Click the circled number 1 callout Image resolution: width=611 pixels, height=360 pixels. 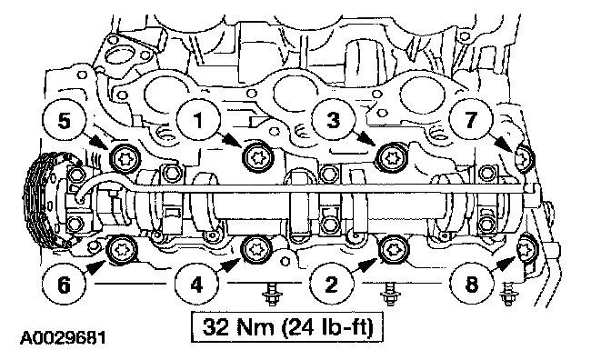(198, 119)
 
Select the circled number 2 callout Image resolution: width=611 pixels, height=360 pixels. (331, 285)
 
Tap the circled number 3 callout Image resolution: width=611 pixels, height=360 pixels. (333, 119)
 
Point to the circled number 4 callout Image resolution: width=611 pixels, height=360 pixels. (196, 285)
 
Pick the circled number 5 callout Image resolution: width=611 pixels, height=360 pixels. (65, 119)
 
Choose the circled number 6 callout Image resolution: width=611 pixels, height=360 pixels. (64, 285)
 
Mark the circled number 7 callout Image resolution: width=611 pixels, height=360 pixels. (471, 119)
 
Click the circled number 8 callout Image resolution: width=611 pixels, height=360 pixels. (472, 285)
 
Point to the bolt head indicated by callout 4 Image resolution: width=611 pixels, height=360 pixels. (256, 249)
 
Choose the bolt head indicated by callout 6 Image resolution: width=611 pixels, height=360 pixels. (123, 249)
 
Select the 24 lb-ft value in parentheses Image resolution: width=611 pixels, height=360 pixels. (328, 327)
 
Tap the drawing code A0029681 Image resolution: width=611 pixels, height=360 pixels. (63, 338)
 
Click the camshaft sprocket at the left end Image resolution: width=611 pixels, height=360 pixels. (41, 203)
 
